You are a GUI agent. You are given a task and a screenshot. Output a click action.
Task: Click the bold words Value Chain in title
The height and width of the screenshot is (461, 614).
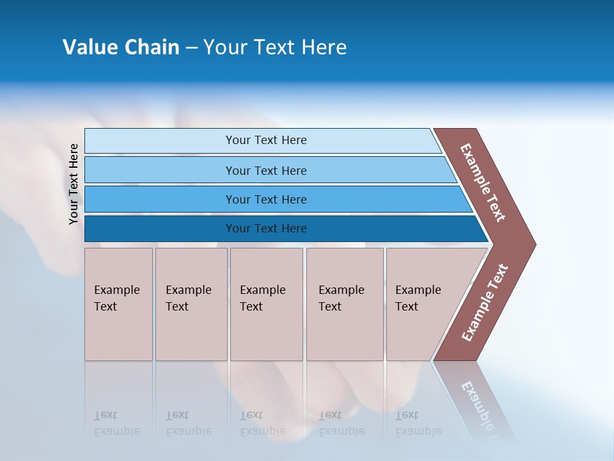pos(121,47)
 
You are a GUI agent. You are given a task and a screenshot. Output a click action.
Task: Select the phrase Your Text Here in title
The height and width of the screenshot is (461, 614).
pos(275,47)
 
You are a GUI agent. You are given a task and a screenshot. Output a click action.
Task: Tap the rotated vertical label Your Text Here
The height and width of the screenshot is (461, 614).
pos(74,184)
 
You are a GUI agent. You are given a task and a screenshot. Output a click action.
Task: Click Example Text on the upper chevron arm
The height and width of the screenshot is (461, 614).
pos(484,182)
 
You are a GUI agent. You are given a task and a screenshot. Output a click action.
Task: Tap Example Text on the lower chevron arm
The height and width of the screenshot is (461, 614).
pos(485,303)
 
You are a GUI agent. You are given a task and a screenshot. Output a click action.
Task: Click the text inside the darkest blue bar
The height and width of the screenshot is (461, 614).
pos(266,229)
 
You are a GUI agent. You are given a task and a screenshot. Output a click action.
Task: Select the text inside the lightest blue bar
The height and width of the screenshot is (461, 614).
pos(266,140)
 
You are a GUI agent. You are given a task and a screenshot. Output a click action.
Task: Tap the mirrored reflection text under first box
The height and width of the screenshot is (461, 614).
pos(116,423)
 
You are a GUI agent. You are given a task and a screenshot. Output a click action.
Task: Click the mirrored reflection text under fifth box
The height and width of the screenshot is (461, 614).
pos(418,423)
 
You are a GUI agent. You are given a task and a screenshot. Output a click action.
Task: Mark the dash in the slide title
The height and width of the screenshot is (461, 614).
pos(191,48)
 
